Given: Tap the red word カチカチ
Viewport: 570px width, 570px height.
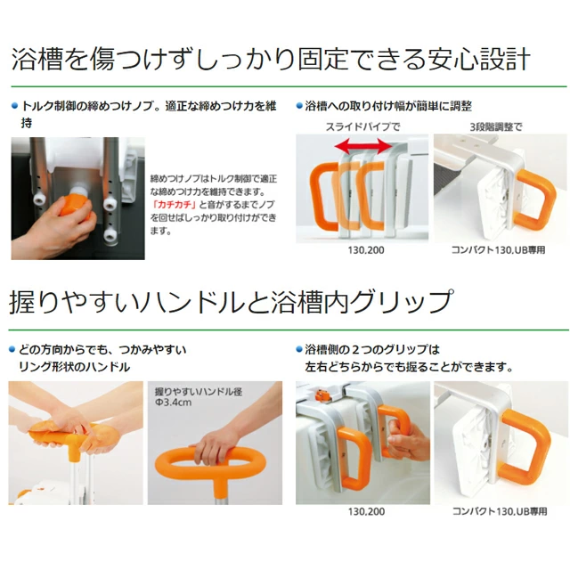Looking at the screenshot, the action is [175, 205].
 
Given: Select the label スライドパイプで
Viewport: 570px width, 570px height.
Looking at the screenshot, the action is [362, 126].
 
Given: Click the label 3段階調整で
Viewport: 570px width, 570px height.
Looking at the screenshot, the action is [496, 126].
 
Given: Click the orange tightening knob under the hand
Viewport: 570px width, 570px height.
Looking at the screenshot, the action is [76, 208].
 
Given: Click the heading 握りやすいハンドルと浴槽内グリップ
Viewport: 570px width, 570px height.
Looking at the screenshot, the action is [232, 302].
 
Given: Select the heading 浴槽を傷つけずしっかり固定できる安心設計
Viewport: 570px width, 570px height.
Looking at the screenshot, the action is [271, 58].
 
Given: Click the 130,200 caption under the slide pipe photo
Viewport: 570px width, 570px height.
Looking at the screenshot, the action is [366, 250].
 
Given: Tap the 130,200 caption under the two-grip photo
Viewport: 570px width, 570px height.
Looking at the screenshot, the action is [366, 511].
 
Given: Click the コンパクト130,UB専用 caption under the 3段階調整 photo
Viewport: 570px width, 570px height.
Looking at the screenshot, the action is [499, 250].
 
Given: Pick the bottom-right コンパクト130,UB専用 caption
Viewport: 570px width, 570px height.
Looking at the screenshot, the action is [500, 511].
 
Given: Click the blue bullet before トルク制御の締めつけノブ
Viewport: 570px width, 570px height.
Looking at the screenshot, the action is [14, 106].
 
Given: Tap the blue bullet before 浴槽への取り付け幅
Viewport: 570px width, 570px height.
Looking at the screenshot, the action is [299, 106].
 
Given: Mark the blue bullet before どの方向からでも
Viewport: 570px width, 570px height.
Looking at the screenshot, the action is [12, 350].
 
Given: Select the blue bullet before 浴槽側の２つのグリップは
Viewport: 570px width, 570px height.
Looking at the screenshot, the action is [299, 350].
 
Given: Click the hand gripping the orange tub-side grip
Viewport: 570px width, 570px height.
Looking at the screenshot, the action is [404, 438].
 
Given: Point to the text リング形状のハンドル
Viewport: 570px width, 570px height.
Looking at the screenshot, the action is [74, 367].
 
